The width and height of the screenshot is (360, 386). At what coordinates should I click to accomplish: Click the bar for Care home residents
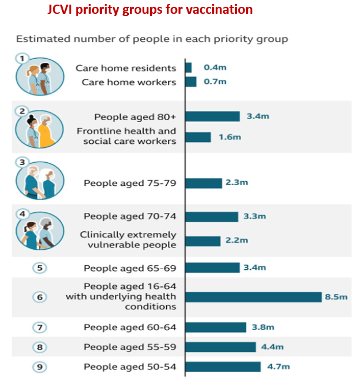(188, 68)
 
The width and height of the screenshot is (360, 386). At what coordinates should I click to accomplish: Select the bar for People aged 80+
(212, 116)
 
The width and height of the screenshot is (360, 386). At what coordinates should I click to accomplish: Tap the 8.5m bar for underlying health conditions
(253, 297)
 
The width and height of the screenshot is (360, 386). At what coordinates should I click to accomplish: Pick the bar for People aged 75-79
(203, 183)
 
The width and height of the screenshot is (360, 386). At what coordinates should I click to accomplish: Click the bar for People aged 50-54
(223, 366)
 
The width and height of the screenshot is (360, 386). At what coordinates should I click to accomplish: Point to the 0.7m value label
(215, 82)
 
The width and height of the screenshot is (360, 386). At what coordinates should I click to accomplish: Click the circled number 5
(40, 267)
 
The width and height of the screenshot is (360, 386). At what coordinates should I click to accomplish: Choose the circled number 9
(40, 366)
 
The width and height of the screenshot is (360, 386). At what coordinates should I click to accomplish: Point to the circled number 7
(40, 327)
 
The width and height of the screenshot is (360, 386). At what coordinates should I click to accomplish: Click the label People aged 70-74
(130, 216)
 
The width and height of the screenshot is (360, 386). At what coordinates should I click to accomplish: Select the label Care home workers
(129, 82)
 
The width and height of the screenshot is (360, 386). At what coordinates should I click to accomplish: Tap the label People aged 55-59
(130, 347)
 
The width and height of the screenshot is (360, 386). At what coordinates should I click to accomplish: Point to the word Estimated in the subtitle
(39, 39)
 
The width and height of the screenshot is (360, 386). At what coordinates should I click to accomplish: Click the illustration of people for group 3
(40, 179)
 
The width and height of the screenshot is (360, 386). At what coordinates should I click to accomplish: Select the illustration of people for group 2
(40, 128)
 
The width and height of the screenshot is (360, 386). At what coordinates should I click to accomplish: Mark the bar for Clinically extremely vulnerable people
(202, 240)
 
